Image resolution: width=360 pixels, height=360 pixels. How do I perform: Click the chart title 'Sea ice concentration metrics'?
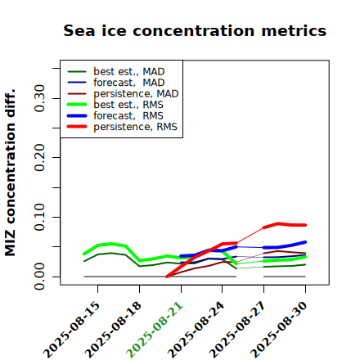click(195, 30)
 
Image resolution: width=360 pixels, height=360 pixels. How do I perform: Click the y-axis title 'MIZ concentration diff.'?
click(10, 173)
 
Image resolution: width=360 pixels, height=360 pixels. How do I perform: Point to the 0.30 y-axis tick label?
click(40, 98)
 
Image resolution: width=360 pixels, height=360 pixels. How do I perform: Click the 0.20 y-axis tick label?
click(40, 157)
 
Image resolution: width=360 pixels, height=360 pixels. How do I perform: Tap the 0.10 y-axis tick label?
click(40, 217)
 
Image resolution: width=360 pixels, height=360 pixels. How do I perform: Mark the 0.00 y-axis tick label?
click(40, 277)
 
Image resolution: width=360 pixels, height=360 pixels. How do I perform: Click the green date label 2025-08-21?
click(155, 330)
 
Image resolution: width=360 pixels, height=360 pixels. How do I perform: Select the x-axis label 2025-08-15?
click(71, 330)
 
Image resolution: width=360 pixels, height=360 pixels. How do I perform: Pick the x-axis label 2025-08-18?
click(113, 330)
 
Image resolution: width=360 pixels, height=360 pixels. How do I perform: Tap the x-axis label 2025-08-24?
click(196, 330)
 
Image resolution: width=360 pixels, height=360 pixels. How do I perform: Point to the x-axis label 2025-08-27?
click(237, 330)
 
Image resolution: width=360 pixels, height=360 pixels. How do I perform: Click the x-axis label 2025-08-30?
click(279, 330)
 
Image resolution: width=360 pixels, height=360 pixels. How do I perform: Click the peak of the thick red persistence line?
click(278, 223)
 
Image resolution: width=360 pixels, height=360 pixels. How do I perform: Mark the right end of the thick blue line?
click(305, 242)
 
